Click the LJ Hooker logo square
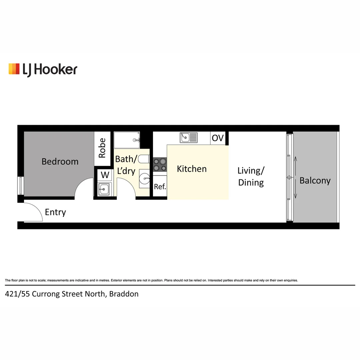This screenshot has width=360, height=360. pos(14,69)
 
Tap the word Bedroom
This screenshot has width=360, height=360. pos(60,162)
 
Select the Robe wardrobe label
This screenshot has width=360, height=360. pos(102,148)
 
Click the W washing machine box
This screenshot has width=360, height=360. pos(105,175)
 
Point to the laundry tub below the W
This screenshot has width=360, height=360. pos(103,189)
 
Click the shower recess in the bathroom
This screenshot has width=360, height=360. pos(127,140)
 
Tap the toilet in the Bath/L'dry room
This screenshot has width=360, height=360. pos(144,159)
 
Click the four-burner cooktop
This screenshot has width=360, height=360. pos(160,165)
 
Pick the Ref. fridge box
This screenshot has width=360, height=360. pos(160,187)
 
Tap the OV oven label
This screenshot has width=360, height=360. pos(218,138)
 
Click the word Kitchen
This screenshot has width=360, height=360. pos(192,169)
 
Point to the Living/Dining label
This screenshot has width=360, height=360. pos(251,177)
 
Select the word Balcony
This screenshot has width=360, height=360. pos(315,181)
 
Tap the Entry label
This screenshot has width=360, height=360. pos(55,212)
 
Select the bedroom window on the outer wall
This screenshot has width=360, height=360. pos(21,185)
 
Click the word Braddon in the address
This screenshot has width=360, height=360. pos(124,294)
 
